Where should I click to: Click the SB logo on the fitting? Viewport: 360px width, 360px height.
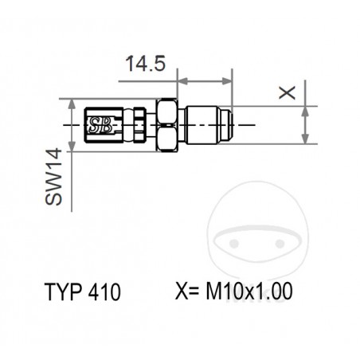[100, 124]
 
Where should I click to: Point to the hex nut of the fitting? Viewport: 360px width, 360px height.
[167, 125]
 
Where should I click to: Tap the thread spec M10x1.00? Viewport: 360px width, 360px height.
[248, 292]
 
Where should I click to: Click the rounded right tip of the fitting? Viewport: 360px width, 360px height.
[229, 125]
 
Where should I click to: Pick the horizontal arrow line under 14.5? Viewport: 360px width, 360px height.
[204, 80]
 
